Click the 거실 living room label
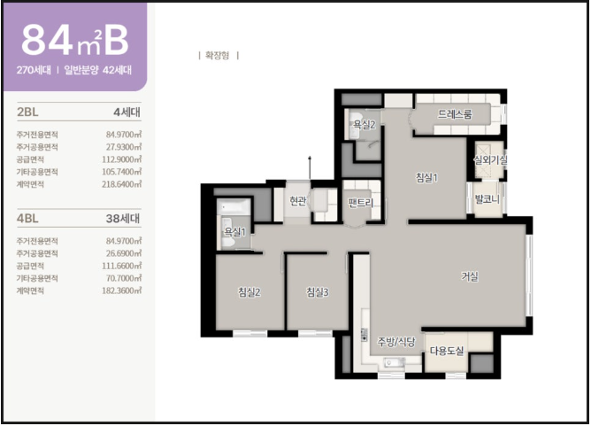coord(470,276)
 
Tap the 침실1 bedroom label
coord(426,177)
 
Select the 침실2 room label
coord(249,291)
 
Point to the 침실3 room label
coord(318,291)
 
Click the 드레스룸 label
coord(455,114)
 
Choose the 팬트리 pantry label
coord(361,203)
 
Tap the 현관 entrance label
coord(298,201)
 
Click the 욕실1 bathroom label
coord(234,232)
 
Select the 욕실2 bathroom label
coord(365,124)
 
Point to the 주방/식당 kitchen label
coord(396,342)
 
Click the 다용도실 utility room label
coord(447,351)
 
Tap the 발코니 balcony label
coord(487,199)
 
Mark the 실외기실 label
coord(490,160)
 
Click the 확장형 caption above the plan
coord(217,56)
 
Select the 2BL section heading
coord(27,112)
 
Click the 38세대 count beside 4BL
coord(123,219)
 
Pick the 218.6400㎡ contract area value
coord(122,184)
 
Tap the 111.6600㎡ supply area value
coord(122,266)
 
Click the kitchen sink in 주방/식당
coord(395,363)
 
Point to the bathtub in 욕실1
coord(234,206)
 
